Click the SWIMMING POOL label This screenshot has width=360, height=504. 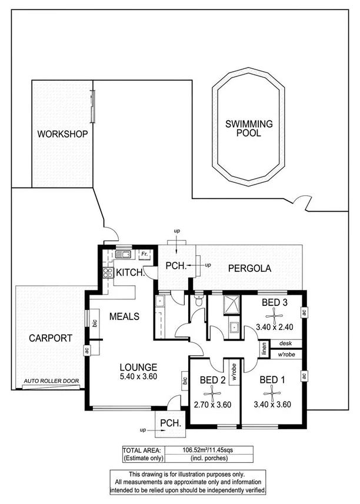point(250,128)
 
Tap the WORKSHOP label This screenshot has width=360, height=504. point(62,134)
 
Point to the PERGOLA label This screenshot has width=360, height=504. point(250,268)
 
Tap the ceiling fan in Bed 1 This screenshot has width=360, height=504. point(271,391)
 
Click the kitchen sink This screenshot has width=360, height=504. point(124,255)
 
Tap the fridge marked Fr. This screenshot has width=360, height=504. point(144,255)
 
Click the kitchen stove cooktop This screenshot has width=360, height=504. point(108,273)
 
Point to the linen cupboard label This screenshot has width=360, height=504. point(264,349)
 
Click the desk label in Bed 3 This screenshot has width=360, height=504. point(286,343)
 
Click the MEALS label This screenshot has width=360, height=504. point(124,316)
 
